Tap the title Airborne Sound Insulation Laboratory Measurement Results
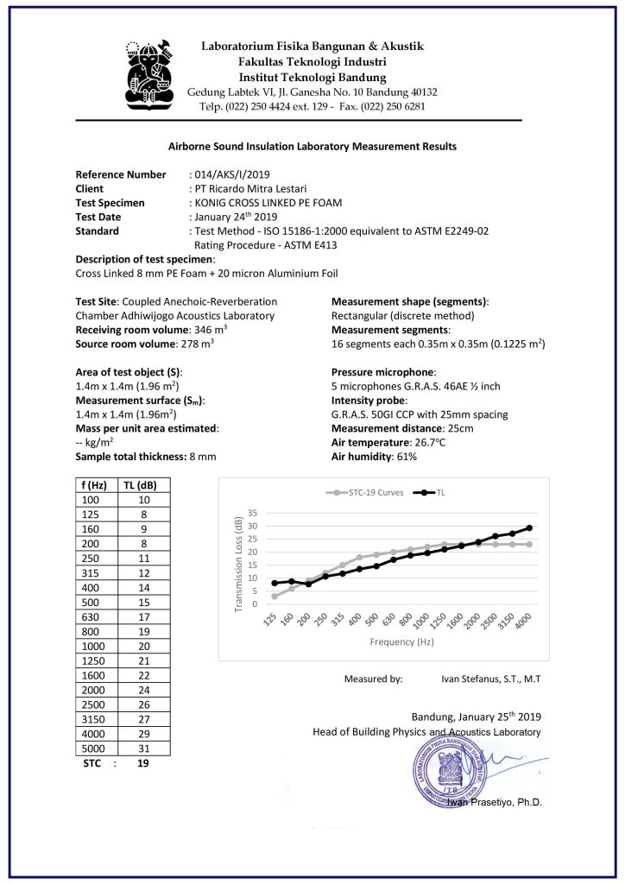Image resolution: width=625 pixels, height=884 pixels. (312, 147)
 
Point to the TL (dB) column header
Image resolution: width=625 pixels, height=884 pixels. (141, 485)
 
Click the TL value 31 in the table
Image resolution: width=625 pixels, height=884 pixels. (143, 748)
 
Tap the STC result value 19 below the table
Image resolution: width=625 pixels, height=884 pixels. (143, 764)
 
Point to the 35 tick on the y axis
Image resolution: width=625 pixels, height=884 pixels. (253, 513)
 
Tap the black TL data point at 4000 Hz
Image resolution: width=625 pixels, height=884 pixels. (529, 527)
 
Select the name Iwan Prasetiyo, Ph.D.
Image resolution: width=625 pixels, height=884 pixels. (495, 802)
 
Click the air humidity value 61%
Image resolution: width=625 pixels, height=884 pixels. (405, 456)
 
